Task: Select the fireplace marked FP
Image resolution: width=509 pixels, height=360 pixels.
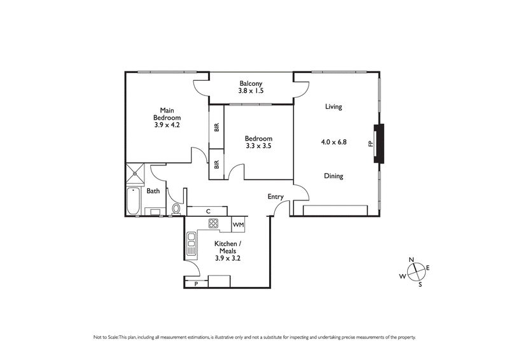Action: tap(379, 144)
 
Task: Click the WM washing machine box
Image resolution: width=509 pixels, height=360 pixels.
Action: tap(238, 225)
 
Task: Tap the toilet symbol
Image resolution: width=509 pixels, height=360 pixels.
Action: tap(176, 208)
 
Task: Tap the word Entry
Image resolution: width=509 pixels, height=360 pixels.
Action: tap(275, 197)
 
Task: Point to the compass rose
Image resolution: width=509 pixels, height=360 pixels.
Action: tap(414, 272)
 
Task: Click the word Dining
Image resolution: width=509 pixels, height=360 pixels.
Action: tap(333, 176)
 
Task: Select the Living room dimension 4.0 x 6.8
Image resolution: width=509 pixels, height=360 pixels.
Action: tap(333, 143)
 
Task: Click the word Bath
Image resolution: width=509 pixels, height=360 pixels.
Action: tap(153, 191)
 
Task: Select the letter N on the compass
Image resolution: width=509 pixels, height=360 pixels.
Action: tap(411, 260)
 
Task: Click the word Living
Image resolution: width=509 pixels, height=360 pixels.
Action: tap(333, 107)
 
